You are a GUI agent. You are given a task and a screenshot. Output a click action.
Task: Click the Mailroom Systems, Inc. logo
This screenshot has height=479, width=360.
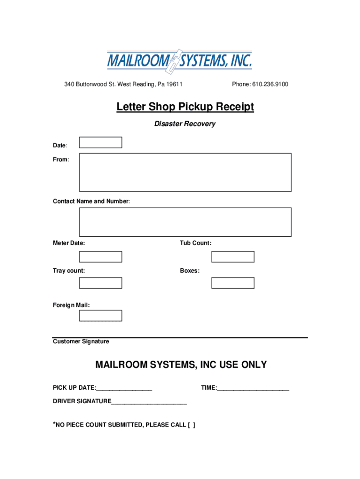tap(180, 61)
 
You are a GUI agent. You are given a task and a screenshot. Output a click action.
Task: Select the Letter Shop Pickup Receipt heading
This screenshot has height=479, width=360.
tap(185, 107)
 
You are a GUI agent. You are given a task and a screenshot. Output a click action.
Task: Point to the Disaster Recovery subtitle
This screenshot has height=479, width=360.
tap(185, 124)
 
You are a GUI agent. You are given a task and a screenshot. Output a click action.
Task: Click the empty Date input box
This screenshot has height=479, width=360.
tap(101, 142)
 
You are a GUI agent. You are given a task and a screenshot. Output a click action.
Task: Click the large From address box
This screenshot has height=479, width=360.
tap(185, 172)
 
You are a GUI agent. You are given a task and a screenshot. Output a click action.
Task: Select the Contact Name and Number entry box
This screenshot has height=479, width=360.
tap(185, 222)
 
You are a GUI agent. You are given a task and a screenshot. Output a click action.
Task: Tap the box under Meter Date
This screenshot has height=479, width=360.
tap(101, 257)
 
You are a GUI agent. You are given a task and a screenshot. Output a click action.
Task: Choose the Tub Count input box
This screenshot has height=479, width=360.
tap(233, 257)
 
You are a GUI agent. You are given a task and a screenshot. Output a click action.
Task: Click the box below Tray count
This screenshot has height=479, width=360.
tap(101, 283)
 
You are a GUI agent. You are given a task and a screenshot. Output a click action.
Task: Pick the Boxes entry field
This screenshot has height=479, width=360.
tap(233, 283)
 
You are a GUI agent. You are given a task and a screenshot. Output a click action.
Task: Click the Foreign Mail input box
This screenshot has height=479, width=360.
tap(101, 316)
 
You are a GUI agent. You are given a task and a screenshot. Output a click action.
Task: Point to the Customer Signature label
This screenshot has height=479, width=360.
tap(81, 341)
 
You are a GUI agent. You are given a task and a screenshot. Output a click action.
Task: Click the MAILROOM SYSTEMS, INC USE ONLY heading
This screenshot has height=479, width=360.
tap(181, 364)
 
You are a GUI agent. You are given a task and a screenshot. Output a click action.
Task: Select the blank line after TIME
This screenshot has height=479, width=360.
tap(253, 388)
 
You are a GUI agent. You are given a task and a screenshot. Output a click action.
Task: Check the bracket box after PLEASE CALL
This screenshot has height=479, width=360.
tap(191, 425)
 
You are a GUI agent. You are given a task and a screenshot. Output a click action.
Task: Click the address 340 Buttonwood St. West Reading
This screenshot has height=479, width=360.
tap(123, 84)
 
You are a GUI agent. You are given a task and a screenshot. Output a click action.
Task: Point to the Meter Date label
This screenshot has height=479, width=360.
tap(69, 243)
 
